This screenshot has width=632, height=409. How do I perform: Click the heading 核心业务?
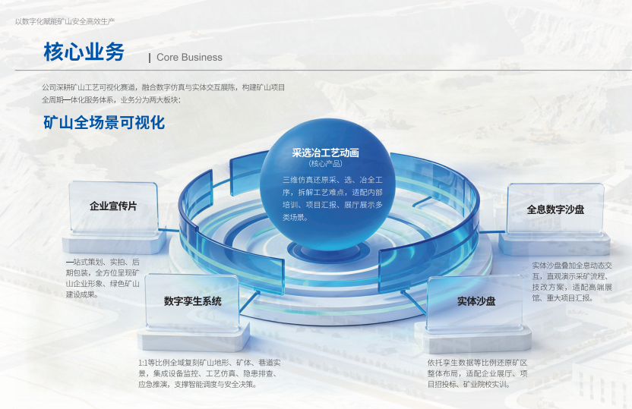tap(84, 52)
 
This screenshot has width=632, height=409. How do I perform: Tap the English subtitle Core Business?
tap(189, 57)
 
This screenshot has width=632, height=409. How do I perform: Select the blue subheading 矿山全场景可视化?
tap(104, 122)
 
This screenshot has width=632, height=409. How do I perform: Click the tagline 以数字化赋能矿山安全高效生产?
tap(65, 21)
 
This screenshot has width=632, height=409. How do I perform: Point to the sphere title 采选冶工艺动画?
tap(326, 153)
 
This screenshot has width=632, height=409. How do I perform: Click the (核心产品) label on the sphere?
tap(326, 163)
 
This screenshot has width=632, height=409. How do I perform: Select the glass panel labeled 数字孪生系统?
tap(192, 302)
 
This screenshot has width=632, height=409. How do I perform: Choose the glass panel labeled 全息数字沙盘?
tap(555, 209)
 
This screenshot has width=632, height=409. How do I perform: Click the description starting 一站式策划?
tap(103, 278)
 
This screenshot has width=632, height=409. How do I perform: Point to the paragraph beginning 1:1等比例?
tap(209, 373)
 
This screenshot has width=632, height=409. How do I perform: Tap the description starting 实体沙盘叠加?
tap(572, 282)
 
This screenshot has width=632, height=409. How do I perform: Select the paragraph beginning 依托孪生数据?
tap(478, 373)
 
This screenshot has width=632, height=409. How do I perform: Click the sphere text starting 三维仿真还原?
tap(333, 199)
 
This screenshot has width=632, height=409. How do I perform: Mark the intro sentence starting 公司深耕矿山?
tap(163, 93)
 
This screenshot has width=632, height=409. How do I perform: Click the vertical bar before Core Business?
tap(150, 58)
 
